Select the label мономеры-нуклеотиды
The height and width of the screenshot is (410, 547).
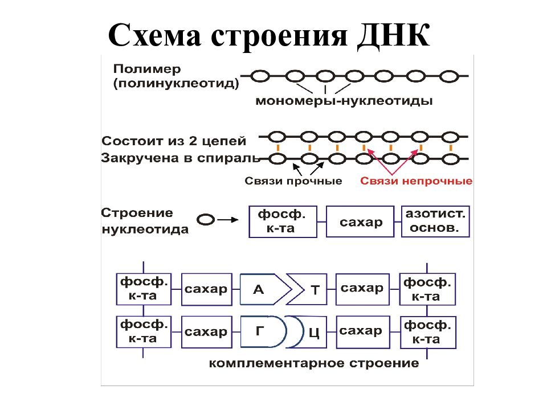344,102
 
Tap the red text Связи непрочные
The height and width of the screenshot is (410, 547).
416,181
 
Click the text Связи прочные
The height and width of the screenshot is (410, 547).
293,181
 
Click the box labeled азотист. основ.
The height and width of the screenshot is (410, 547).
435,222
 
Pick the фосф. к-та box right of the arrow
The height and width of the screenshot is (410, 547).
283,222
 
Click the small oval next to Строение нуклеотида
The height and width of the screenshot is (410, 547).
205,219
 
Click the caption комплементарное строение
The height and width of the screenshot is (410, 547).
314,363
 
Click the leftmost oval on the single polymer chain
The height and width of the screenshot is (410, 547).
260,76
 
